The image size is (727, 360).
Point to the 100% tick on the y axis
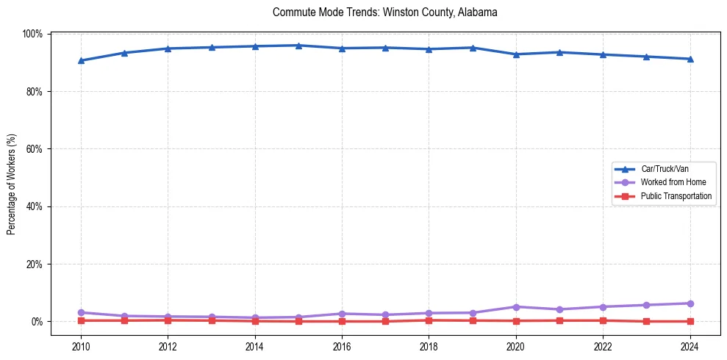(x=32, y=34)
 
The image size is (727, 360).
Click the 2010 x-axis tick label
(x=81, y=346)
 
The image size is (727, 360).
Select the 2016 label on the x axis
(x=342, y=346)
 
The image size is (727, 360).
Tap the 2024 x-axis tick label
(x=690, y=346)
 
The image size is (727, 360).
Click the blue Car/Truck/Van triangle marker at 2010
(x=81, y=60)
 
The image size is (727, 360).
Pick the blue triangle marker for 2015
(x=298, y=46)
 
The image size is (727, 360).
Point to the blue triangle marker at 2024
(x=690, y=59)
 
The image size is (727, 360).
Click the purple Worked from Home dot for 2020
(x=516, y=307)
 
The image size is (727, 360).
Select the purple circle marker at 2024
(x=690, y=303)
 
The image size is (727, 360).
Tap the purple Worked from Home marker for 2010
(x=81, y=312)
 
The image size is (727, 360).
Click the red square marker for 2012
(x=168, y=320)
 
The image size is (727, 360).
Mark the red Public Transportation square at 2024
(x=690, y=321)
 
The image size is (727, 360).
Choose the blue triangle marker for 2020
(x=516, y=54)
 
